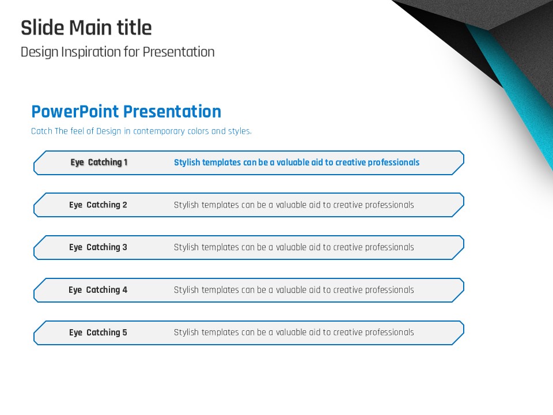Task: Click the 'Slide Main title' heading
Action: pos(86,28)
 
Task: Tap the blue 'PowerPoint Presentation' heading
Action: pos(126,111)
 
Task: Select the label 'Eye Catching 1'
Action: pos(99,163)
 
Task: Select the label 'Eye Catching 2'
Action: pos(98,205)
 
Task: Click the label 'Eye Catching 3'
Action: pos(98,247)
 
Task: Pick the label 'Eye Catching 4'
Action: pos(98,290)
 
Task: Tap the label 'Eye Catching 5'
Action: pos(98,333)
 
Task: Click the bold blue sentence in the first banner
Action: pos(297,163)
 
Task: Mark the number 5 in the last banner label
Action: pos(124,333)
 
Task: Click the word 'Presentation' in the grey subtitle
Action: pos(179,52)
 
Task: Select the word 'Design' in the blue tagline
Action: pos(109,131)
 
